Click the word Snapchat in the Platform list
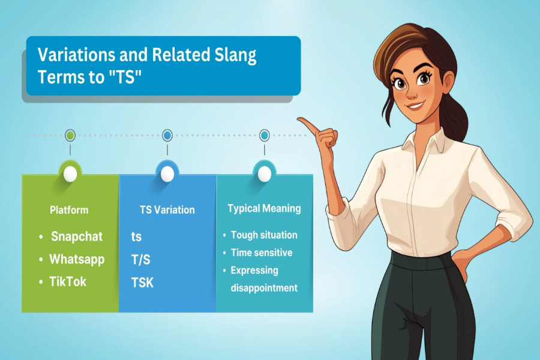coord(77,236)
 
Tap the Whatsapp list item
coord(77,259)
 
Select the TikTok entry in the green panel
coord(68,281)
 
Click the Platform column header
coord(69,210)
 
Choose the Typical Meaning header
coord(264,209)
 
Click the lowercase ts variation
coord(137,236)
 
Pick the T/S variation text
coord(140,259)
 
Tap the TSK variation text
coord(143,282)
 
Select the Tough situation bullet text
coord(264,235)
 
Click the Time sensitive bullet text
coord(262,253)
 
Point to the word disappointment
coord(264,288)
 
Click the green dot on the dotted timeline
coord(70,136)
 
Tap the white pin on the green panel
coord(70,174)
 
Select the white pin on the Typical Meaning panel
coord(264,174)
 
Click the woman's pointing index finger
coord(304,122)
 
